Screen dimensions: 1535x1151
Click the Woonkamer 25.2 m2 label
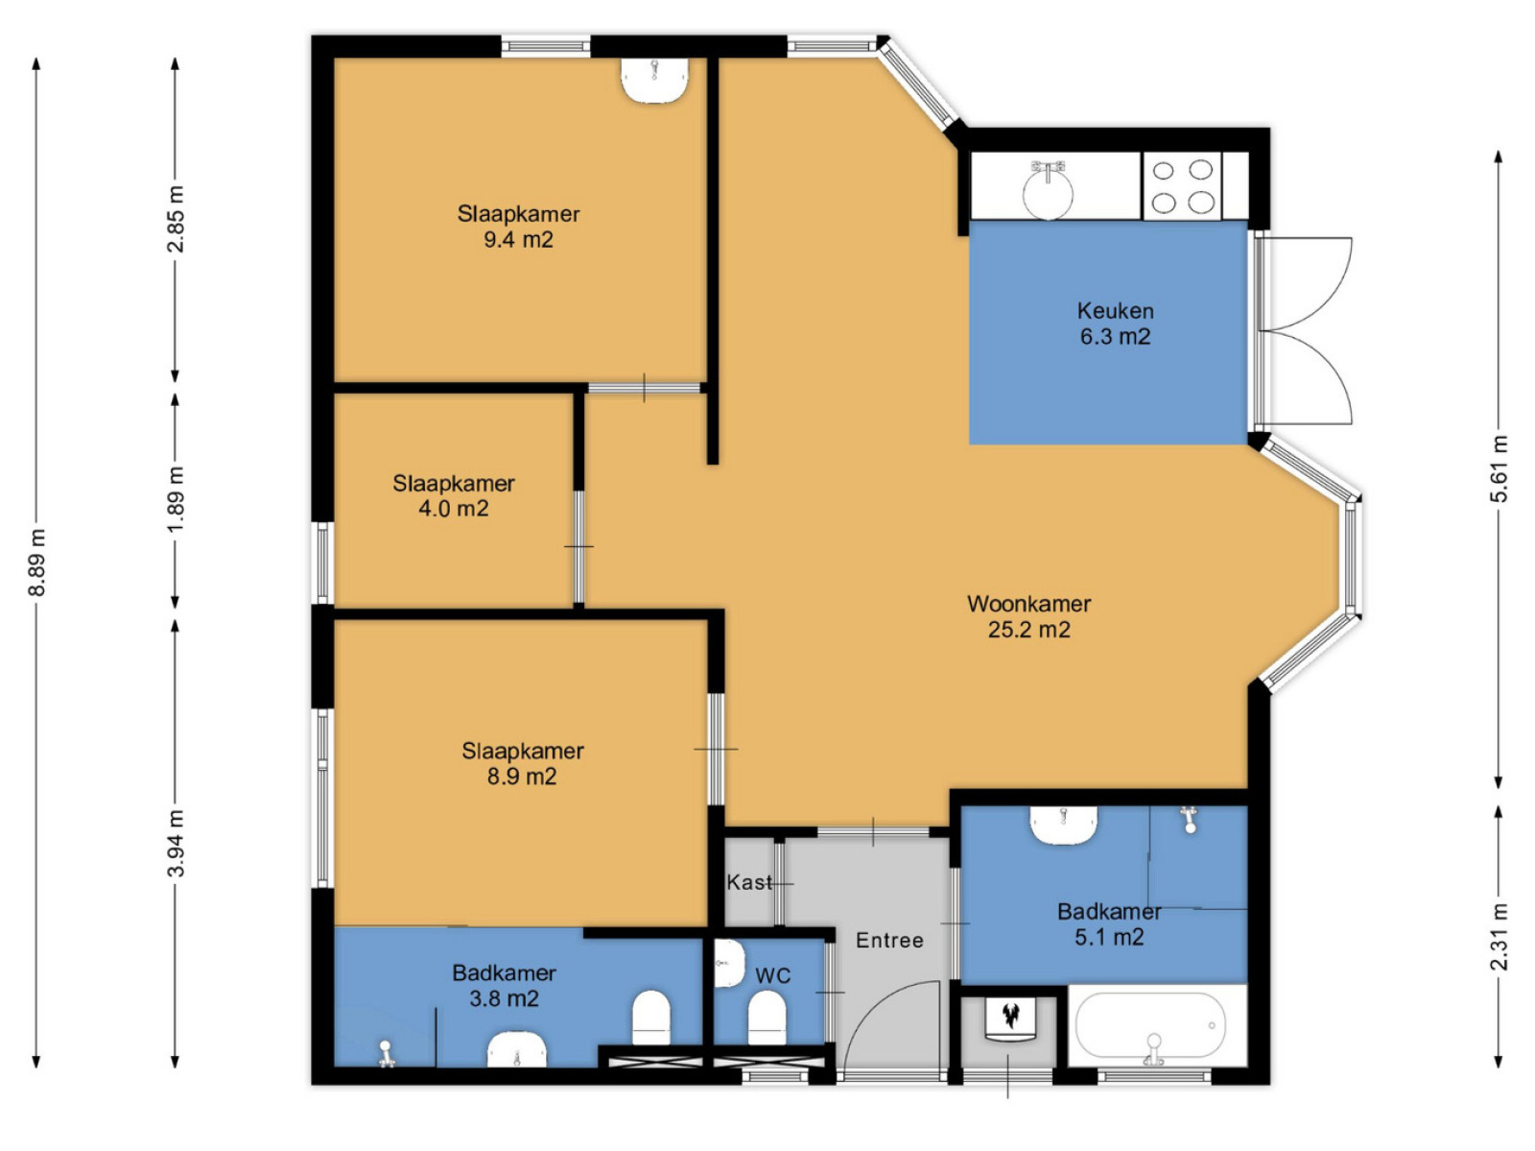point(1028,616)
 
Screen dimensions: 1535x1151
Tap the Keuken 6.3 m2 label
point(1115,324)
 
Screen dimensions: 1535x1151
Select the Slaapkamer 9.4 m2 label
point(518,226)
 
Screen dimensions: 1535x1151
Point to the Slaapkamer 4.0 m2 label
point(453,495)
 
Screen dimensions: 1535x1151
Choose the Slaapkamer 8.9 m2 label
point(523,763)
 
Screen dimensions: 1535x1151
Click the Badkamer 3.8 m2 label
point(505,985)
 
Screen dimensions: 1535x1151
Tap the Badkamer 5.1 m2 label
point(1109,924)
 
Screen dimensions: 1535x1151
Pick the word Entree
point(889,940)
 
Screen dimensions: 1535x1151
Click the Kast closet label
point(749,882)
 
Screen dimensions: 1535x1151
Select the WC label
point(772,975)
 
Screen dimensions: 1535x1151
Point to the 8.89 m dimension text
point(37,563)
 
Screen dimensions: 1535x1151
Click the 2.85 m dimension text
point(176,219)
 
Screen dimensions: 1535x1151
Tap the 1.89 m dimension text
point(176,499)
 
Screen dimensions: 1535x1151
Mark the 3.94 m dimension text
point(176,843)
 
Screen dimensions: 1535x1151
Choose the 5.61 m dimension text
point(1499,468)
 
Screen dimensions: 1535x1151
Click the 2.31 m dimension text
point(1499,937)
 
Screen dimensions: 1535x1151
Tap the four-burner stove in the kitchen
point(1182,186)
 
